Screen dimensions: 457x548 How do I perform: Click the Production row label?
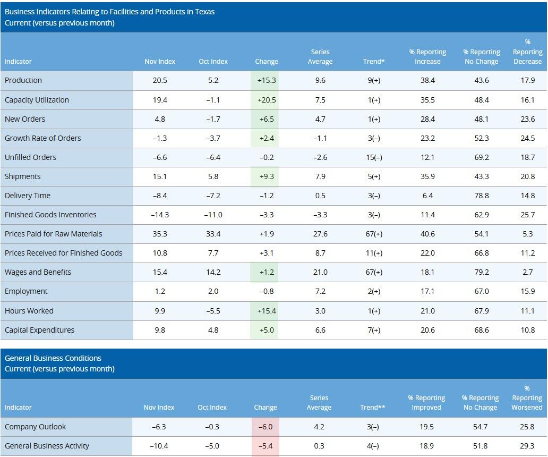[x=23, y=80]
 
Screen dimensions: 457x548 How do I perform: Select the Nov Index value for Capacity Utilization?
[x=160, y=100]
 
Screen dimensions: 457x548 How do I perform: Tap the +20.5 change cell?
[x=266, y=100]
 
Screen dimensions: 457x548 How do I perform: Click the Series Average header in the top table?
[x=320, y=57]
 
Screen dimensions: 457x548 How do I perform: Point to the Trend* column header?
[x=374, y=62]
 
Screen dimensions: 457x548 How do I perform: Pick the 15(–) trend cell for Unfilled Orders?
[x=374, y=157]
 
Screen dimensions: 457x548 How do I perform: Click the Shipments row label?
[x=23, y=176]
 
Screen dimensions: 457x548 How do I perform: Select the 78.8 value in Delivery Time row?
[x=481, y=196]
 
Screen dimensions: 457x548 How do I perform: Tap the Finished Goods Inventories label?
[x=50, y=215]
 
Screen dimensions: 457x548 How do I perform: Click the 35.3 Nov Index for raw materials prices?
[x=160, y=234]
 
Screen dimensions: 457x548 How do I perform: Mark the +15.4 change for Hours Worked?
[x=266, y=311]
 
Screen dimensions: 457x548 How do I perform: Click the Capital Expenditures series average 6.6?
[x=320, y=330]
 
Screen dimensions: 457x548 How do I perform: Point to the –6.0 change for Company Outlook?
[x=266, y=427]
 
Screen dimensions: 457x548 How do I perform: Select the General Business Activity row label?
[x=47, y=446]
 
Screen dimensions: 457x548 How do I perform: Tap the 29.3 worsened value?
[x=527, y=446]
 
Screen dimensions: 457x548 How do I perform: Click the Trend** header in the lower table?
[x=373, y=408]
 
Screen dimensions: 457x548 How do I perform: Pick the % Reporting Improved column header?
[x=426, y=403]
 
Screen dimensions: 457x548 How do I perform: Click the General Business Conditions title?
[x=53, y=358]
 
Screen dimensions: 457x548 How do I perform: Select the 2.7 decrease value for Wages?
[x=527, y=272]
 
